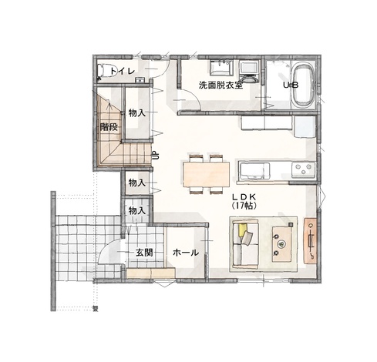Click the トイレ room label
[x=123, y=71]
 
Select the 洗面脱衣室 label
[x=220, y=85]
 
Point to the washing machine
[x=248, y=71]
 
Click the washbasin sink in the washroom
[x=221, y=67]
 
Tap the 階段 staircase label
[x=109, y=126]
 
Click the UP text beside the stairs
[x=156, y=155]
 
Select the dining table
[x=206, y=174]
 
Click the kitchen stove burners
[x=303, y=169]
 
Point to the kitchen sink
[x=254, y=170]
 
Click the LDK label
[x=244, y=197]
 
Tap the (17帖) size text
[x=244, y=206]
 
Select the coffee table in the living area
[x=282, y=244]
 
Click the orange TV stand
[x=311, y=240]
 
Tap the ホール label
[x=186, y=253]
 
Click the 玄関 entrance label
[x=144, y=253]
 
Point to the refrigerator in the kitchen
[x=305, y=127]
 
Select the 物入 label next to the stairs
[x=137, y=112]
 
